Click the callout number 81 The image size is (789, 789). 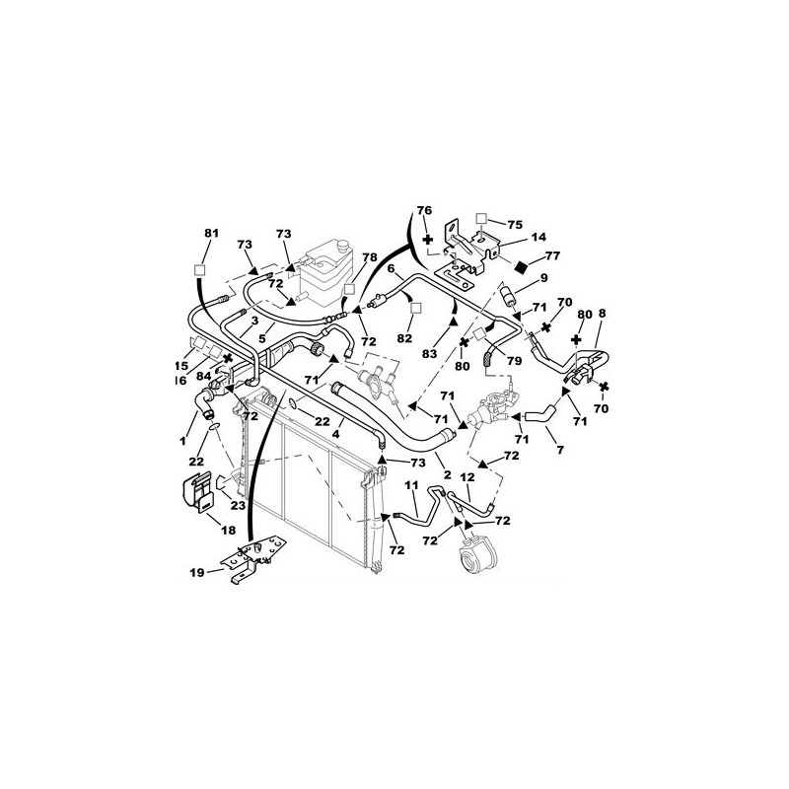coord(212,234)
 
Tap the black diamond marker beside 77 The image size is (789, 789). coord(522,266)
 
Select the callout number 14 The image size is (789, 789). coord(538,237)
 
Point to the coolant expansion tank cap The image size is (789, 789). coord(343,246)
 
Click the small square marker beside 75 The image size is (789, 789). coord(481,218)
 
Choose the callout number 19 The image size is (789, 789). coord(197,572)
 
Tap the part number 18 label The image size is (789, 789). coord(228,530)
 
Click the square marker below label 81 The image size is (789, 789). coord(200,269)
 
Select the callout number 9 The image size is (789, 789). coord(543,278)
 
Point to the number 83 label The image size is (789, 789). coord(429,354)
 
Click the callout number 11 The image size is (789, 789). coord(411,485)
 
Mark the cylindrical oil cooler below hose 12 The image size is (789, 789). coord(476,555)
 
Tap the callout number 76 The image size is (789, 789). coord(424,210)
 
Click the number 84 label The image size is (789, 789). coord(203,376)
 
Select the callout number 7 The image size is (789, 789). coord(560,450)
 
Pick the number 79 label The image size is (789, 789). coord(514,361)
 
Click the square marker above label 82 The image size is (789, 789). coord(415,308)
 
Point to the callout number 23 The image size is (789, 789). coord(238,505)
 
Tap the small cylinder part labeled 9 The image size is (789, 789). coord(508,294)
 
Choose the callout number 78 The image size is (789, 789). coord(369,257)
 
